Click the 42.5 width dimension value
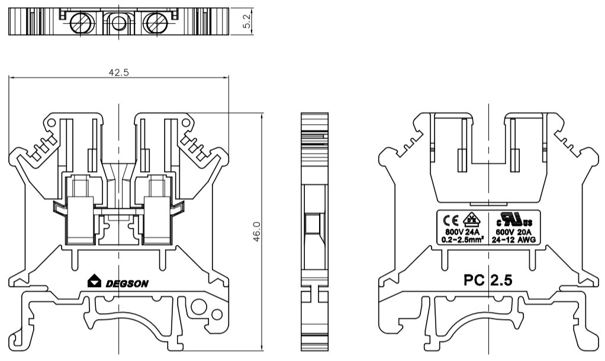[x=119, y=72]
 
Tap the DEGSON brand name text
[x=127, y=283]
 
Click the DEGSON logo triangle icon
[x=94, y=282]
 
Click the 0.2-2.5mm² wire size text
[x=463, y=240]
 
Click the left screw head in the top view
[x=79, y=24]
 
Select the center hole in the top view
[x=119, y=24]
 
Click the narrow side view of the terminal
[x=314, y=231]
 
